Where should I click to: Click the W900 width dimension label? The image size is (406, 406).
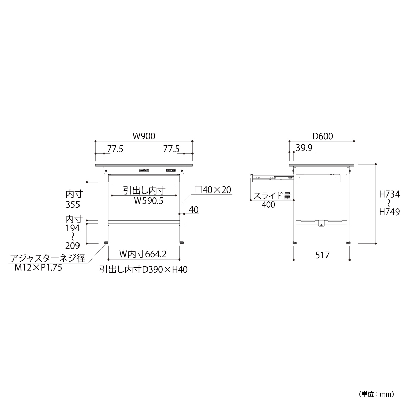(x=144, y=136)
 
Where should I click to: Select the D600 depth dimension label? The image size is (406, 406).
(x=322, y=136)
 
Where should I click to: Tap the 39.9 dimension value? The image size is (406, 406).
(x=304, y=148)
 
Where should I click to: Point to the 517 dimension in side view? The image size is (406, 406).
(x=322, y=255)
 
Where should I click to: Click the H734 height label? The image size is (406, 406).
(x=389, y=194)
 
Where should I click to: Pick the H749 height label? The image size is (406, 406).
(x=389, y=212)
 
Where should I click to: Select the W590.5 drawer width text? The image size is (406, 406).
(x=149, y=201)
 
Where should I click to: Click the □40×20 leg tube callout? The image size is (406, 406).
(x=213, y=190)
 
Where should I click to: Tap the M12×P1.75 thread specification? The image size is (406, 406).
(x=38, y=268)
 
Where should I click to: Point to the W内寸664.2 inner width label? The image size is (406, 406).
(x=143, y=254)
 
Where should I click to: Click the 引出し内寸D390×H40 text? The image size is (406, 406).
(x=144, y=270)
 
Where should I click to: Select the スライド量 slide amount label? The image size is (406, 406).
(x=272, y=196)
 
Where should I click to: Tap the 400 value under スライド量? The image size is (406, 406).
(x=268, y=205)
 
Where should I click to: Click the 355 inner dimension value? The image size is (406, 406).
(x=73, y=205)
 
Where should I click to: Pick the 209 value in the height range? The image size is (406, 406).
(x=72, y=246)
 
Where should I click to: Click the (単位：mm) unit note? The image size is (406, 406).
(x=377, y=394)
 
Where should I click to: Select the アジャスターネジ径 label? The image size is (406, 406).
(x=48, y=258)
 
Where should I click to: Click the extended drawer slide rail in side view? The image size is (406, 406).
(x=273, y=178)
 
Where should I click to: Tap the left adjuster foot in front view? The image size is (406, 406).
(x=106, y=243)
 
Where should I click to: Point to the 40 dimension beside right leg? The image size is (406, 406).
(x=194, y=210)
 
